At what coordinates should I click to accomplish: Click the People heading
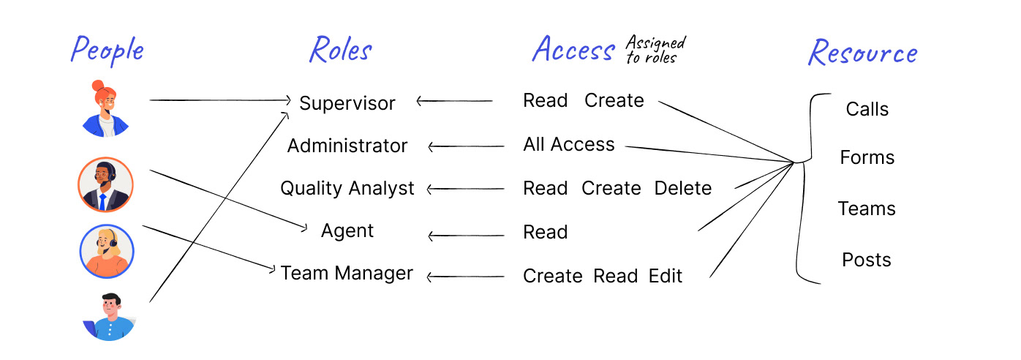pos(108,50)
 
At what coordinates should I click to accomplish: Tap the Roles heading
pos(341,49)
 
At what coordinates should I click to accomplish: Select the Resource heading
pos(863,53)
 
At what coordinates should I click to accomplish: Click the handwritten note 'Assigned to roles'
pos(655,49)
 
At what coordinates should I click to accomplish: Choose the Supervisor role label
pos(347,103)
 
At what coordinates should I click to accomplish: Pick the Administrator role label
pos(347,146)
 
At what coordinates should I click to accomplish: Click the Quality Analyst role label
pos(347,188)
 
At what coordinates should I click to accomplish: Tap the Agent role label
pos(347,231)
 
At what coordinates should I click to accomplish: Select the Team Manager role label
pos(347,273)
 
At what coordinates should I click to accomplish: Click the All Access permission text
pos(569,144)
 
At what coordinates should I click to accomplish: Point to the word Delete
pos(683,188)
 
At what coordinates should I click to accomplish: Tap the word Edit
pos(666,276)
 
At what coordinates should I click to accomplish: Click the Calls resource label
pos(867,109)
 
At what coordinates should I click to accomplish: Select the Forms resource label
pos(867,157)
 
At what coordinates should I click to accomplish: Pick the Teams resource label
pos(867,209)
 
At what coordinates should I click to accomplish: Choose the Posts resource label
pos(867,260)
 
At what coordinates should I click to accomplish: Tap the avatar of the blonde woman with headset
pos(107,252)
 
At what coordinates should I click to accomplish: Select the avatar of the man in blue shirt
pos(109,317)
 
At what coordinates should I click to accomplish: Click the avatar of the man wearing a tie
pos(105,185)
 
